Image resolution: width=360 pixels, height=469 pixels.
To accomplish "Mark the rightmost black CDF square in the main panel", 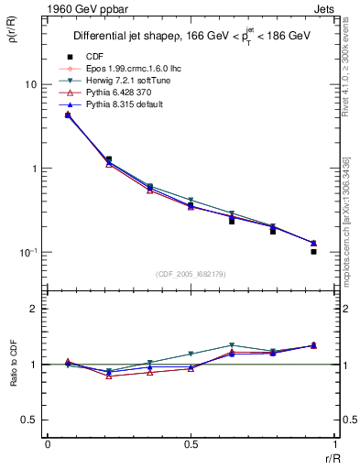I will coord(313,251).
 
